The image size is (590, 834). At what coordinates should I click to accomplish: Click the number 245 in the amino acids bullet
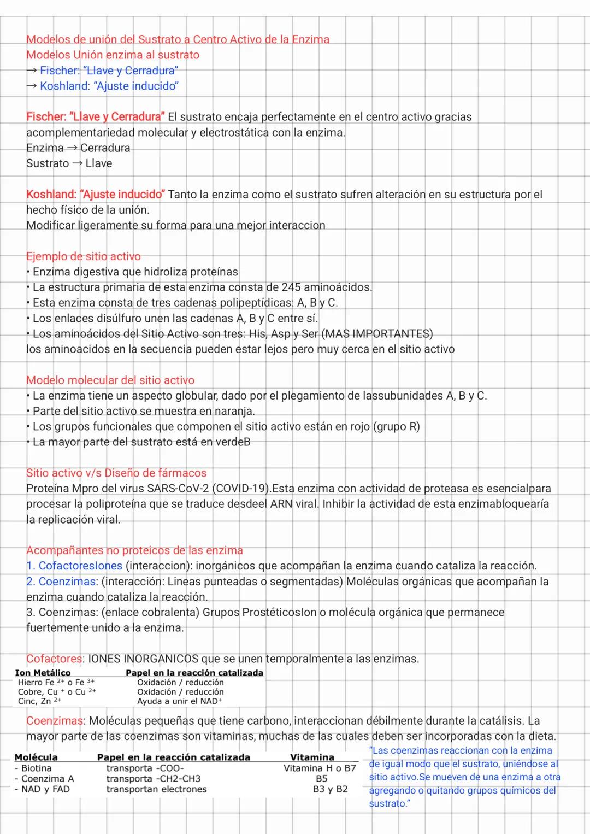point(291,287)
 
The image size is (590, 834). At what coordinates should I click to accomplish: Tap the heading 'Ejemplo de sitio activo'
point(84,256)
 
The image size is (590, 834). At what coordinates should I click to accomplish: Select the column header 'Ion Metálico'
point(43,673)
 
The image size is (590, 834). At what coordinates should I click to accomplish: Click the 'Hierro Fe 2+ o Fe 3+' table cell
point(56,682)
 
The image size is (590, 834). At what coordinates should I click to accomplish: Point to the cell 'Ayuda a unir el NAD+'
point(180,701)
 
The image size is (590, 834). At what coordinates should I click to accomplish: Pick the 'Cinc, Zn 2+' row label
point(39,701)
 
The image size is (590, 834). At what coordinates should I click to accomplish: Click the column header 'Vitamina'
point(312,757)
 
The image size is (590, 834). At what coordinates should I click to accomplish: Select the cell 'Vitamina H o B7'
point(320,768)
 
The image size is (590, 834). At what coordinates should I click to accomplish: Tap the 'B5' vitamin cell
point(321,778)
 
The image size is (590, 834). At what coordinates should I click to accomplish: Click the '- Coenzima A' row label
point(44,778)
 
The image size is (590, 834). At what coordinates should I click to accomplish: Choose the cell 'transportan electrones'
point(157,789)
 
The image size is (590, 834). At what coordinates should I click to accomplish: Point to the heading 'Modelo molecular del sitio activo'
point(110,380)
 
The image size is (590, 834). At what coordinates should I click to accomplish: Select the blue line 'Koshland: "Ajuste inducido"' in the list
point(109,86)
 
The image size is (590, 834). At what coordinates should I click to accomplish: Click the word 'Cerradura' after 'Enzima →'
point(105,148)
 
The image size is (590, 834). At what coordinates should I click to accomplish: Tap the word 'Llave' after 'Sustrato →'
point(99,163)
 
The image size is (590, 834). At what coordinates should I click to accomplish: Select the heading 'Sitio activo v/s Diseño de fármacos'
point(116,473)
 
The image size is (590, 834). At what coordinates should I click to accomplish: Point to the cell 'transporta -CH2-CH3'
point(154,778)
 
